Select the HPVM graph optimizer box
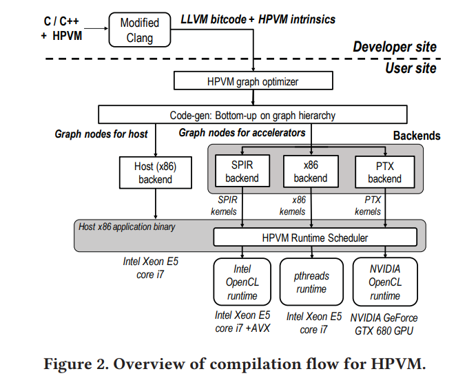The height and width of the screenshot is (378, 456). click(x=253, y=82)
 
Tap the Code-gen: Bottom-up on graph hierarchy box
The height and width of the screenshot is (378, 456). click(x=253, y=115)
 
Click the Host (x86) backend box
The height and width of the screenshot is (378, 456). click(x=155, y=172)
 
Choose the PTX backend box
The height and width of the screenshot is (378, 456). click(x=384, y=172)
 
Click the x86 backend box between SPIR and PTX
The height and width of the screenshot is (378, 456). click(x=311, y=172)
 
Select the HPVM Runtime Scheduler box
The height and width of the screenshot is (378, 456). click(x=315, y=238)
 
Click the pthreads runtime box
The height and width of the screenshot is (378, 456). click(x=311, y=282)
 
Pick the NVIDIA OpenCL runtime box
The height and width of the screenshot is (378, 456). click(x=384, y=282)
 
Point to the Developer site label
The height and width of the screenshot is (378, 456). click(x=394, y=47)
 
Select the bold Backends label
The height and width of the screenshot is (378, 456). click(x=416, y=136)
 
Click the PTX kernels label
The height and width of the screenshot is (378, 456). click(x=368, y=205)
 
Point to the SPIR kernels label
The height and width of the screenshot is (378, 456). click(x=224, y=205)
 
